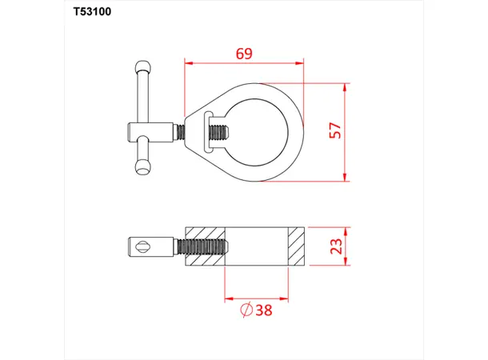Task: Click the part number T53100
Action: pos(92,11)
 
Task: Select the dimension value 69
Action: pos(244,54)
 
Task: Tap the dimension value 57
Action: pos(335,130)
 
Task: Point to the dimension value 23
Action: pos(336,246)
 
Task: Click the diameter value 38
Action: pos(264,310)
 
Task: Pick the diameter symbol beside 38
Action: pos(246,310)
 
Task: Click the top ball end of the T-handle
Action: pos(143,66)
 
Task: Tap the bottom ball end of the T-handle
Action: pos(143,167)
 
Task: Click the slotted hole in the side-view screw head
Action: pos(143,247)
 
